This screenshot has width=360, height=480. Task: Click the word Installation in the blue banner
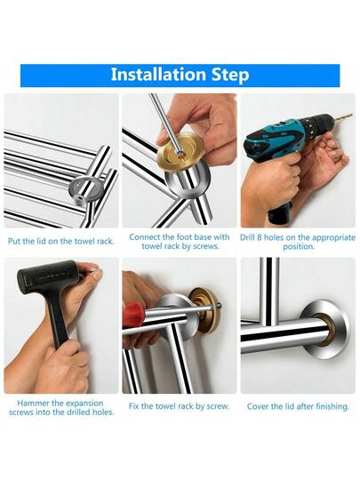click(x=158, y=75)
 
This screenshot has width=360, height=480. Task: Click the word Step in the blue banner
click(x=230, y=76)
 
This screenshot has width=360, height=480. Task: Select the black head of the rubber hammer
click(x=47, y=277)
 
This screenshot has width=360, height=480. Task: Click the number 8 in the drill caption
click(x=260, y=238)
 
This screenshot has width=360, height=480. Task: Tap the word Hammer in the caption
click(x=31, y=403)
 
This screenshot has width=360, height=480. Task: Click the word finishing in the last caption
click(x=332, y=407)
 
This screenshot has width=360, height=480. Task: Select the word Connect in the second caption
click(x=145, y=237)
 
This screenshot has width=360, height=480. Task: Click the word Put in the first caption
click(x=14, y=241)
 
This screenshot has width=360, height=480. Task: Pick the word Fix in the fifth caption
click(x=133, y=406)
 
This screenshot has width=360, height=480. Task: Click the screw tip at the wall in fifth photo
click(x=219, y=305)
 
